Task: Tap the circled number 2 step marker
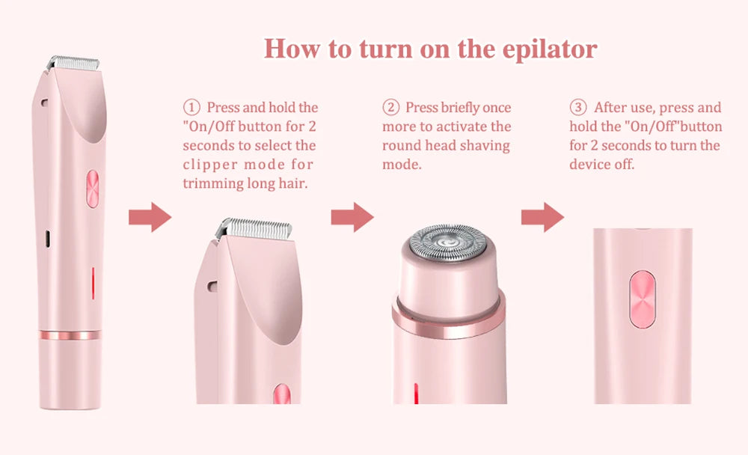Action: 390,108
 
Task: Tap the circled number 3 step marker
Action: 577,108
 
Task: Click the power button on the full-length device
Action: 93,188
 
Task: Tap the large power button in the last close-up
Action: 642,299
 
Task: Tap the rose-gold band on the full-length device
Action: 70,335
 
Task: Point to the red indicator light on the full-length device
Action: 93,283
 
